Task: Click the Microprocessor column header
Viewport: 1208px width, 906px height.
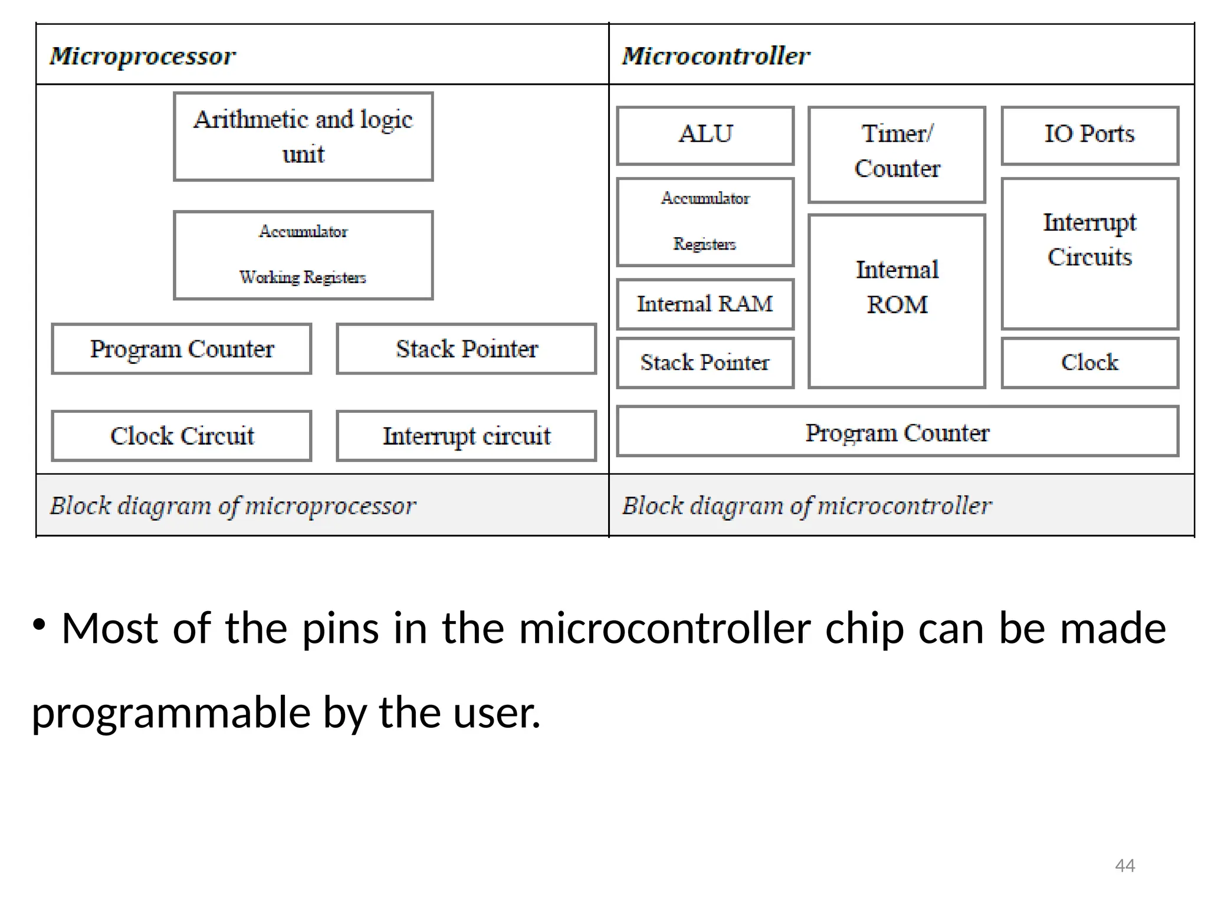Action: point(142,56)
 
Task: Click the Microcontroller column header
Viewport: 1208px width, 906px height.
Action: point(715,56)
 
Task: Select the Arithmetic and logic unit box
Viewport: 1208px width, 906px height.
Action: point(303,136)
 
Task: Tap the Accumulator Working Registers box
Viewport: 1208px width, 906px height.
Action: point(303,255)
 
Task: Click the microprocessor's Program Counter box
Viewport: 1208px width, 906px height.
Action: point(182,349)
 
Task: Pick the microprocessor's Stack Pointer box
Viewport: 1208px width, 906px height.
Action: point(466,349)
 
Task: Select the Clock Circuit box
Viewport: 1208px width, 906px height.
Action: point(182,436)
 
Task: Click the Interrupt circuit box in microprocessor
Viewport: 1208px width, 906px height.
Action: point(466,436)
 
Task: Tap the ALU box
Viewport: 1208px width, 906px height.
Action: point(705,135)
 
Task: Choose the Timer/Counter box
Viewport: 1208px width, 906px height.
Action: point(897,154)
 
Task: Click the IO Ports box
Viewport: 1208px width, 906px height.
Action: point(1089,135)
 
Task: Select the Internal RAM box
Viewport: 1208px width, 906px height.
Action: point(705,304)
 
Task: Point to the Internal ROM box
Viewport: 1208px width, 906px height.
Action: point(897,301)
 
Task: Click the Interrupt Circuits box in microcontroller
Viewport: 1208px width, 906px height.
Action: point(1089,253)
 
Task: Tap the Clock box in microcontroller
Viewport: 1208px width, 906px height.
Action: point(1089,362)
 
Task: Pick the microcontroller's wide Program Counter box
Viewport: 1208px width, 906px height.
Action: point(897,431)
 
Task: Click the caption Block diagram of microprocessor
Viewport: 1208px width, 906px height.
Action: point(233,506)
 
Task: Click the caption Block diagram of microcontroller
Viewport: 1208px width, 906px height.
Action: point(806,506)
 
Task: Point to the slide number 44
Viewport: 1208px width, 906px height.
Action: point(1124,865)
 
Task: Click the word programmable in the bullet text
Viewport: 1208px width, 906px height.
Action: point(171,713)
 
